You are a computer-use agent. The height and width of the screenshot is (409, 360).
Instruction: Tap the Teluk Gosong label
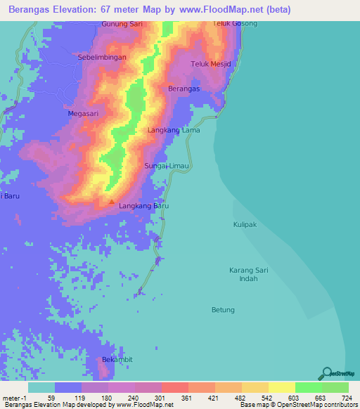(x=236, y=24)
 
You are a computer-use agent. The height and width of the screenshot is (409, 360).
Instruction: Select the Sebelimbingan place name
(x=102, y=57)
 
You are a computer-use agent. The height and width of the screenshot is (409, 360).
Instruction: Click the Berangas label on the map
(x=184, y=89)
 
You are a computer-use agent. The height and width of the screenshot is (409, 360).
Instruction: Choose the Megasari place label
(x=82, y=112)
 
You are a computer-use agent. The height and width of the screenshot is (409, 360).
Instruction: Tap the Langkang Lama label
(x=174, y=131)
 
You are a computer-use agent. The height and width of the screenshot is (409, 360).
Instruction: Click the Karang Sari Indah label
(x=249, y=274)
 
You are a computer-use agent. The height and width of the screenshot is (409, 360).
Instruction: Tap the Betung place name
(x=223, y=309)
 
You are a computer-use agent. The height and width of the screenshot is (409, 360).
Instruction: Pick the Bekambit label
(x=117, y=359)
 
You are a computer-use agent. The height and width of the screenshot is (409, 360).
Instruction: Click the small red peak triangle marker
(x=111, y=202)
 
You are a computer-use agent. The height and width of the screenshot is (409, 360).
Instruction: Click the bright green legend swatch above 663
(x=309, y=387)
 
